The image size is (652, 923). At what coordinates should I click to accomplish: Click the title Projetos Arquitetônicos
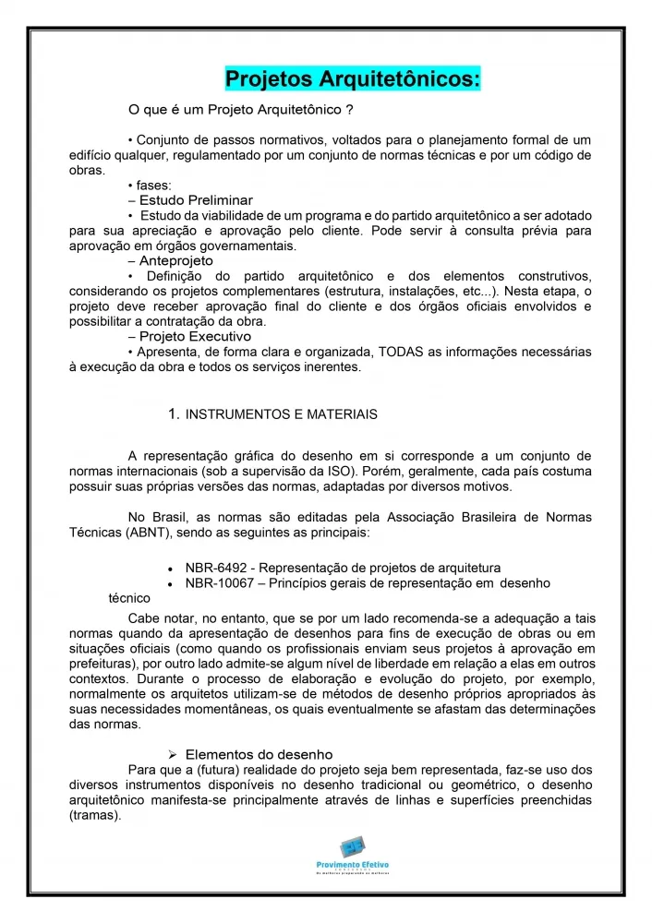353,78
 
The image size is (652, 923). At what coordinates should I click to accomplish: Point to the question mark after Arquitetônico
348,111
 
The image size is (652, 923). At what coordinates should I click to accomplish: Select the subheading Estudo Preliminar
196,200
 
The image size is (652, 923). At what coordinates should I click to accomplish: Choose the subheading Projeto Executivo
195,337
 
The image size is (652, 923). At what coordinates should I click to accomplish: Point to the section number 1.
174,414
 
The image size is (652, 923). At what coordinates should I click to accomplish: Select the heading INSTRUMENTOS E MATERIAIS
282,415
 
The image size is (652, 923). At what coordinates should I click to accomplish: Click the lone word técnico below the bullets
129,598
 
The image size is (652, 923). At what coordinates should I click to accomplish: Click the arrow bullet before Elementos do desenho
172,755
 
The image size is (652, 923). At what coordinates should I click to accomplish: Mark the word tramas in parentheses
95,815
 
